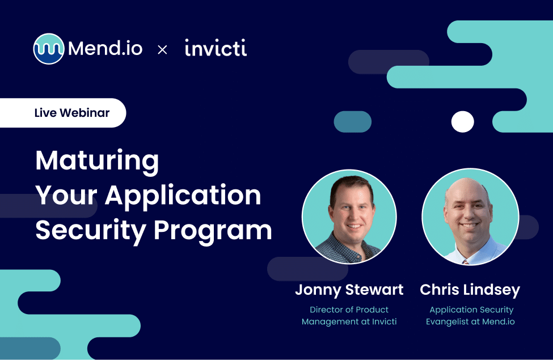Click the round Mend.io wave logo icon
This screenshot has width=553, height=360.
(48, 49)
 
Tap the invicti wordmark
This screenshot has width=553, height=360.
(216, 49)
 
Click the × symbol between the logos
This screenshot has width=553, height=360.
(162, 50)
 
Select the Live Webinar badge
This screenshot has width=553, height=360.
(62, 112)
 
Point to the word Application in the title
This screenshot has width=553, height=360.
(183, 196)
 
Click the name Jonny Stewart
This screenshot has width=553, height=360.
(349, 290)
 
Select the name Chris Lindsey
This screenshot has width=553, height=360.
(470, 290)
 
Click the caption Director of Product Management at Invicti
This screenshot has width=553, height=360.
(349, 316)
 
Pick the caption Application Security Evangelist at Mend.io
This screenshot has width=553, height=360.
(471, 316)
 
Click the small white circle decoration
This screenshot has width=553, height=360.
(462, 122)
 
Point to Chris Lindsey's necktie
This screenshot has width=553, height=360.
(466, 261)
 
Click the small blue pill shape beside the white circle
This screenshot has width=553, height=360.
(352, 122)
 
